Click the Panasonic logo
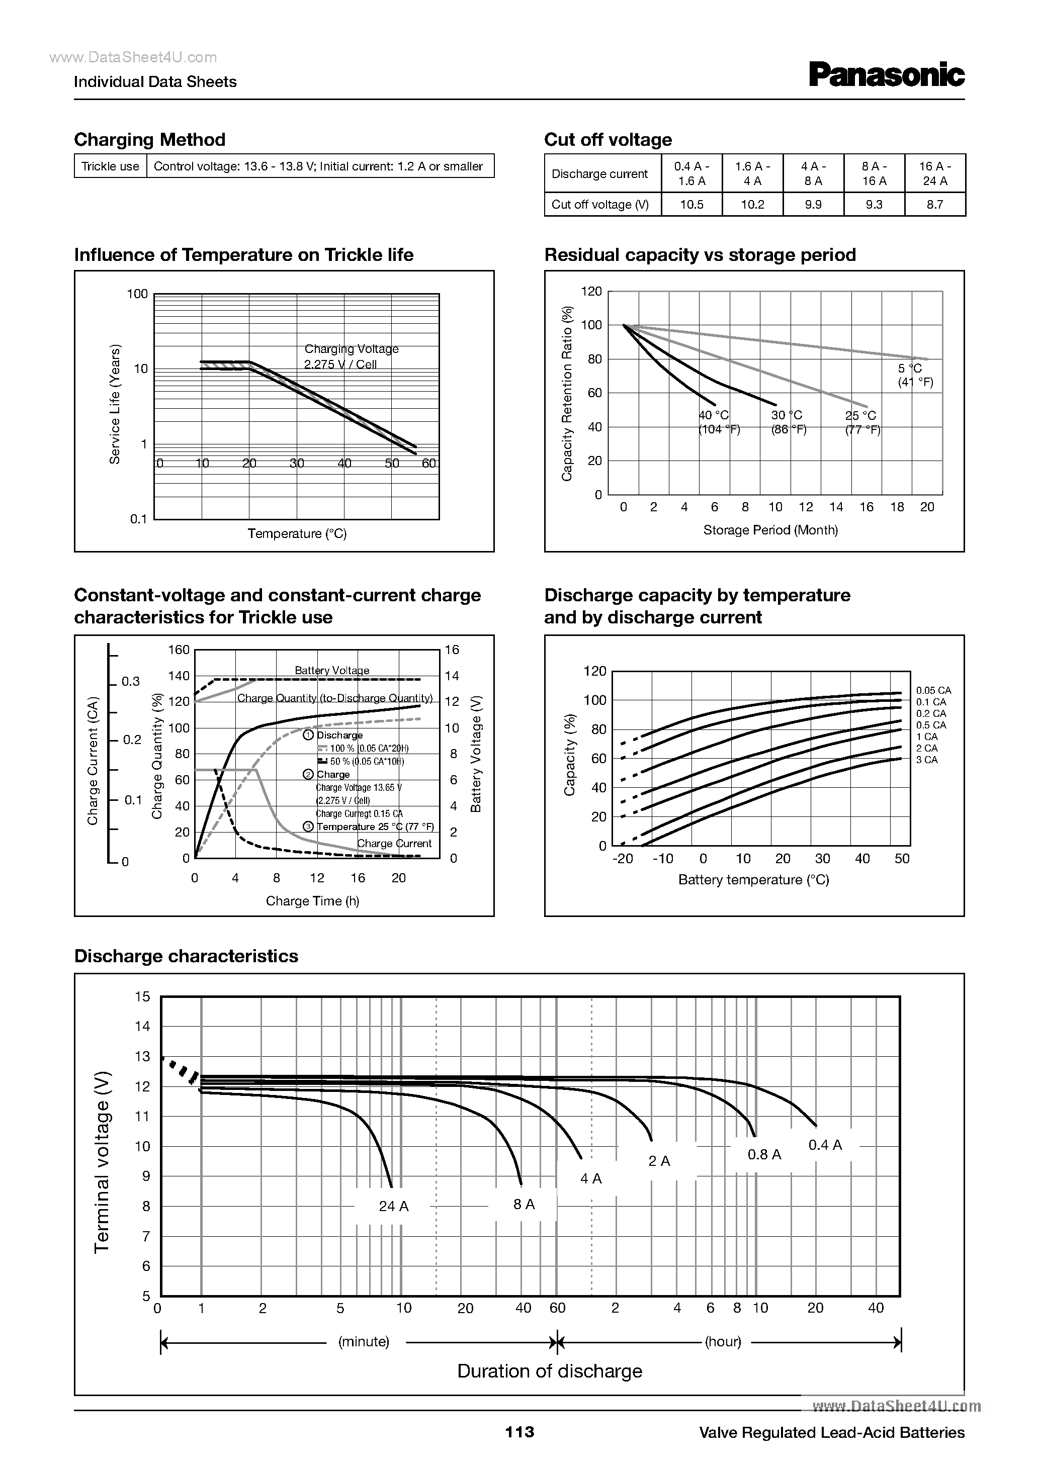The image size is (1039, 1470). pyautogui.click(x=887, y=75)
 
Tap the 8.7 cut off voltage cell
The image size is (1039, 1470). pyautogui.click(x=934, y=204)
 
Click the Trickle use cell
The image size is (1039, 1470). pyautogui.click(x=110, y=166)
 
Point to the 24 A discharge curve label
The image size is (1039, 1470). pyautogui.click(x=393, y=1206)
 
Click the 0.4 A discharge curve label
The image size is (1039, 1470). pyautogui.click(x=825, y=1145)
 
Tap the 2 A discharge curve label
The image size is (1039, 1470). pyautogui.click(x=659, y=1161)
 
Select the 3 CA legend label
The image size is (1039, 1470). pyautogui.click(x=926, y=760)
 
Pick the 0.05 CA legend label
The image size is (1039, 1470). pyautogui.click(x=933, y=690)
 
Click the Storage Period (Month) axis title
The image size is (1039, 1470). pyautogui.click(x=770, y=530)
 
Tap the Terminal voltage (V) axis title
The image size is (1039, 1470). pyautogui.click(x=103, y=1161)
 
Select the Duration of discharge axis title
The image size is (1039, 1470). pyautogui.click(x=550, y=1371)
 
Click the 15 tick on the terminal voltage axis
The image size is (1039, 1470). pyautogui.click(x=142, y=996)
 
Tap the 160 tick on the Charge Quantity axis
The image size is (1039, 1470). pyautogui.click(x=179, y=650)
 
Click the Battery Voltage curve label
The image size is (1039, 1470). pyautogui.click(x=332, y=670)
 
